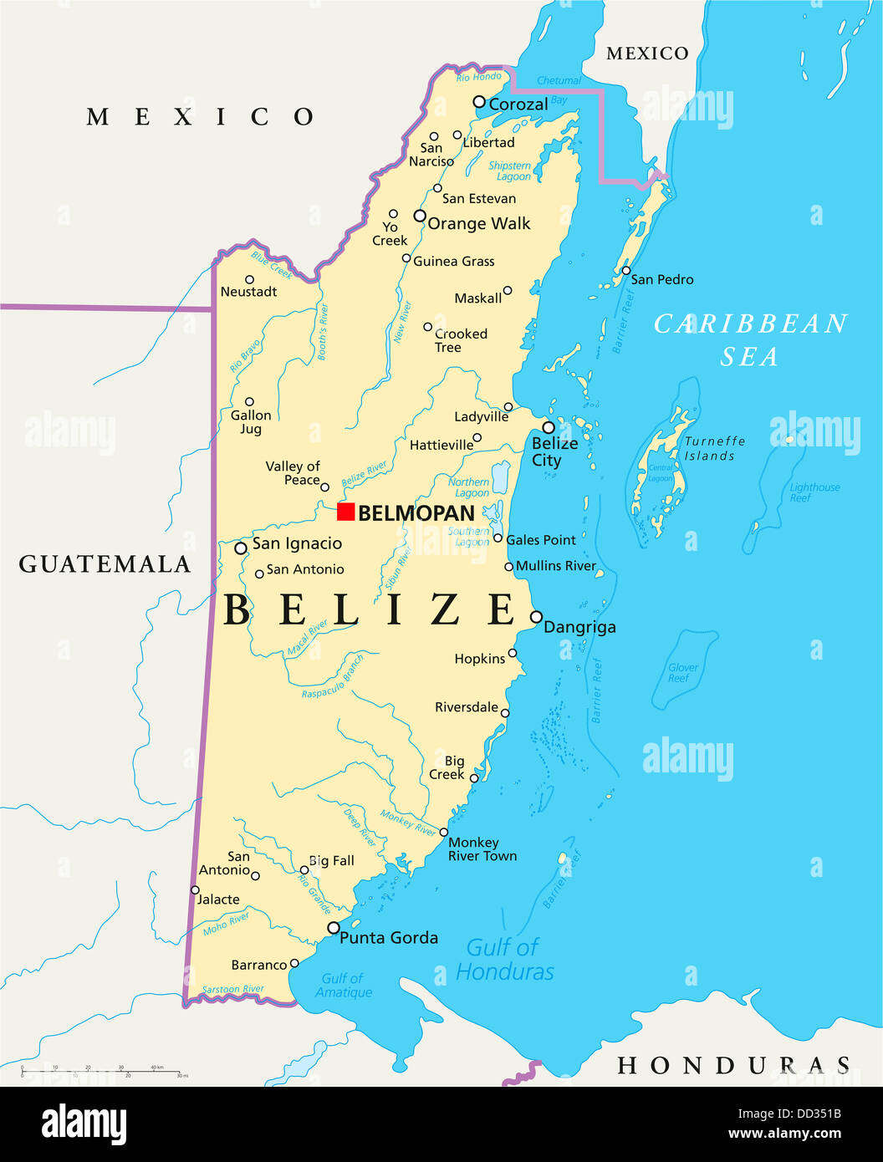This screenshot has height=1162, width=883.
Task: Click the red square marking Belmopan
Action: pyautogui.click(x=345, y=512)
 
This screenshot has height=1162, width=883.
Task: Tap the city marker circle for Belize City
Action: pyautogui.click(x=549, y=427)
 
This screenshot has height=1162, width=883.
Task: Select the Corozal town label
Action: pyautogui.click(x=518, y=104)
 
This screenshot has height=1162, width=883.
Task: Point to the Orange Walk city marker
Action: pyautogui.click(x=420, y=216)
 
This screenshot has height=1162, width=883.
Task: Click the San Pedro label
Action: pyautogui.click(x=661, y=279)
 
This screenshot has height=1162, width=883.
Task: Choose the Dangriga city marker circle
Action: pyautogui.click(x=536, y=617)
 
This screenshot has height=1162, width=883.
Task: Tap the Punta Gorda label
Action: pyautogui.click(x=389, y=938)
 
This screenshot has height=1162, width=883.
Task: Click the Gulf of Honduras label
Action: pyautogui.click(x=505, y=959)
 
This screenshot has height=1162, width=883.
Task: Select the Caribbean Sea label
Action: pyautogui.click(x=750, y=339)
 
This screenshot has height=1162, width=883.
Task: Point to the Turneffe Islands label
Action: pyautogui.click(x=714, y=448)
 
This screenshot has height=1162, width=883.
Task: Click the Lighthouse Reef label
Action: pyautogui.click(x=814, y=492)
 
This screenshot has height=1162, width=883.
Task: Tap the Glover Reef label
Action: pyautogui.click(x=682, y=672)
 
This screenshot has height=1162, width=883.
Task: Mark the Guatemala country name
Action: pyautogui.click(x=105, y=564)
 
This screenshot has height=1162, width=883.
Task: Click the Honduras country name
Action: pyautogui.click(x=733, y=1065)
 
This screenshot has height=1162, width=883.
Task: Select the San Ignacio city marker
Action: pyautogui.click(x=241, y=548)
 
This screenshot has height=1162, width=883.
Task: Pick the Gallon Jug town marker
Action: pyautogui.click(x=249, y=402)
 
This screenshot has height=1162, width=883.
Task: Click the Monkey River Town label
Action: pyautogui.click(x=482, y=849)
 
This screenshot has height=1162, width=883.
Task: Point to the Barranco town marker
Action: pyautogui.click(x=293, y=964)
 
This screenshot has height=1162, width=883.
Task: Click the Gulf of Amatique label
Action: pyautogui.click(x=343, y=985)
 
